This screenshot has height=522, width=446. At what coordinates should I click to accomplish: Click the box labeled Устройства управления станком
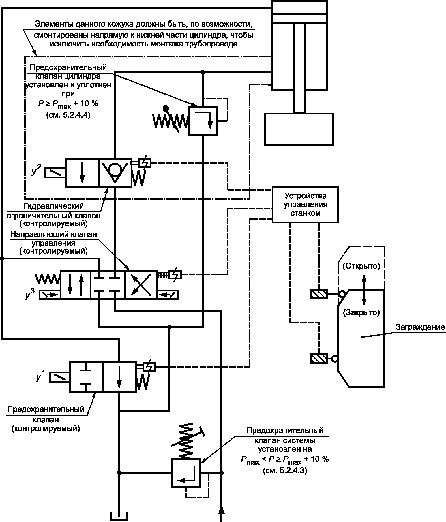306,205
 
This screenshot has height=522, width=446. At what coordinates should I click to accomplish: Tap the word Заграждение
420,327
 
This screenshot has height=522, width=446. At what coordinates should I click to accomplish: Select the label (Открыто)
361,266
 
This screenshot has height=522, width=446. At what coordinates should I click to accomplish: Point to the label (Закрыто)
361,312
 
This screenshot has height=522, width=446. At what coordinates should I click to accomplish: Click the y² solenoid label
36,170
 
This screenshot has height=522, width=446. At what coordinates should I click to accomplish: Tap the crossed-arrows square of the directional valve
141,285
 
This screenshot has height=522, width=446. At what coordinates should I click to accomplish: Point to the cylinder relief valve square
203,120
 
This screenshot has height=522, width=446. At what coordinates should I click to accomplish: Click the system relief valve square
186,473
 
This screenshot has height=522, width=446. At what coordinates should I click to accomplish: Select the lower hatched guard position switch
319,358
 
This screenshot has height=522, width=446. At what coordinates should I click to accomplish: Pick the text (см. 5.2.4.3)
285,471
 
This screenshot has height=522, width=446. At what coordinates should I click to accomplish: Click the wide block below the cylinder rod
299,129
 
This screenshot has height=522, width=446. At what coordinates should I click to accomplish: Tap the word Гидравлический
54,206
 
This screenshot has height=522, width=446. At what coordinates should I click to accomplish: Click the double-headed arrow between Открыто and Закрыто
364,290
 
